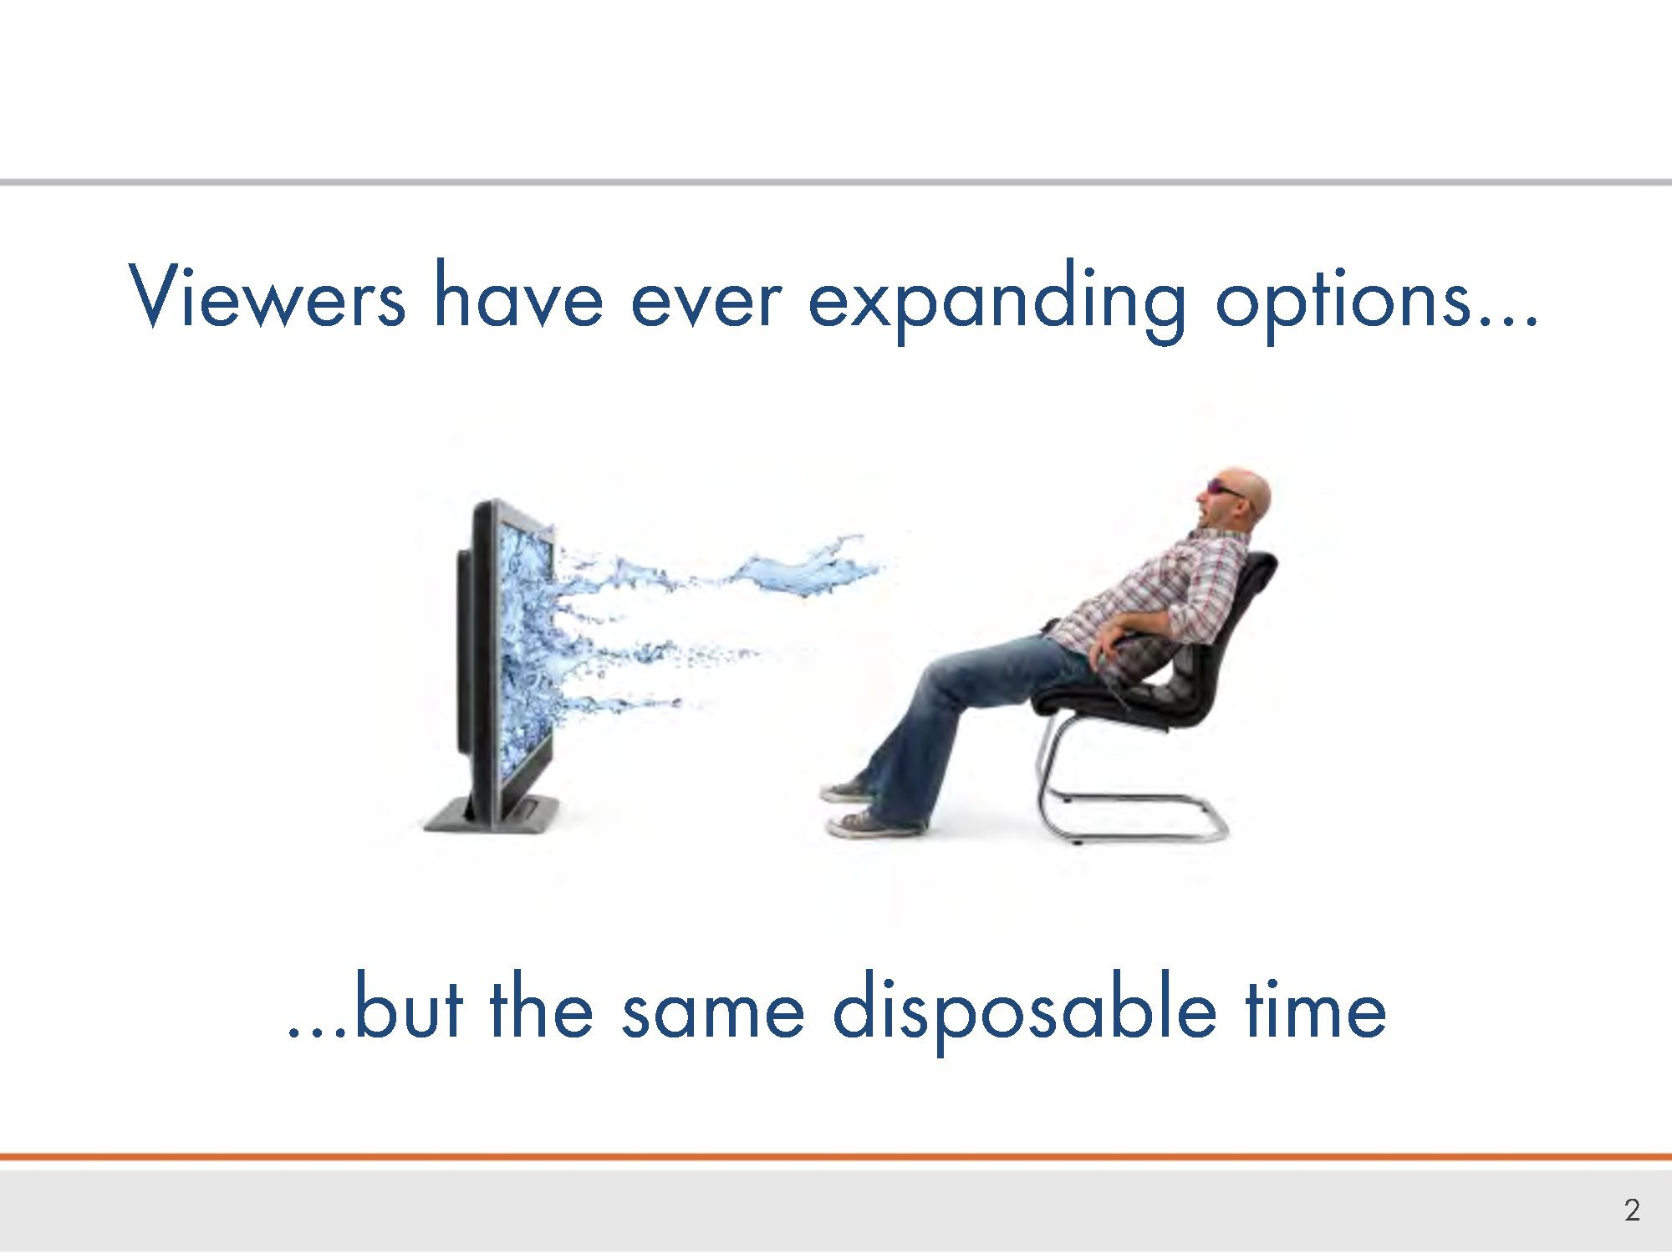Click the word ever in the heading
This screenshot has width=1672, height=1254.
pos(706,301)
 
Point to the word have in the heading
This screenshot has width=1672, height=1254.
pos(517,294)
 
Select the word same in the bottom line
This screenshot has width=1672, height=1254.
pos(713,1013)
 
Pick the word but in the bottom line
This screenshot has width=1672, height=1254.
pos(409,1005)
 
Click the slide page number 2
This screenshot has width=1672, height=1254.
pos(1632,1210)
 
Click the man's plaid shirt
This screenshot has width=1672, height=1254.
pos(1162,598)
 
